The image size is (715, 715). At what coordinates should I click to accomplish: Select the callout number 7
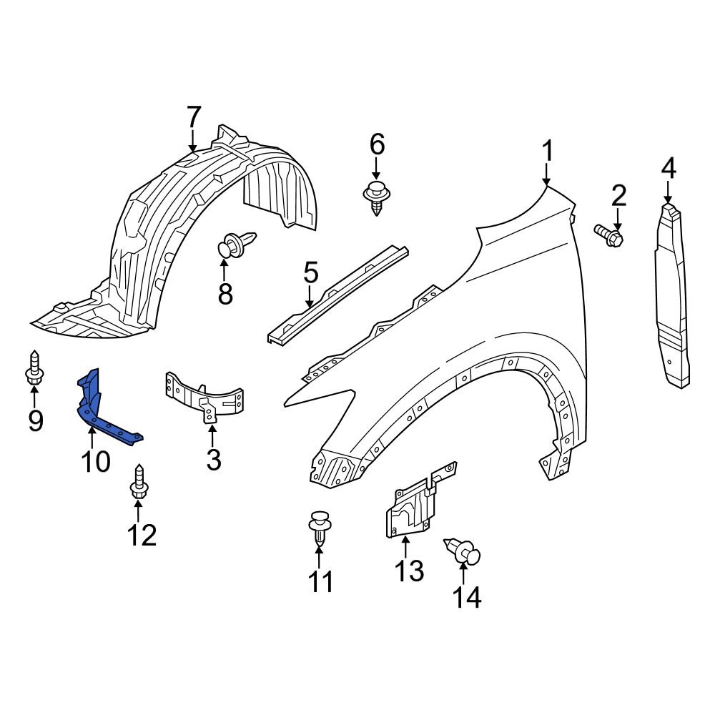193,117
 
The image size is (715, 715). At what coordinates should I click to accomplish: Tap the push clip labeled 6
377,198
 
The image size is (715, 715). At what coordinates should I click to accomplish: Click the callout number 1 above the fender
547,151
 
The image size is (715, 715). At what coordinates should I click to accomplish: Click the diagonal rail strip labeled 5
338,294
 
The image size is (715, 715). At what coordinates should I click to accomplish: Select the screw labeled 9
34,368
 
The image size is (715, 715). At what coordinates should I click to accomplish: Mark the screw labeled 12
138,483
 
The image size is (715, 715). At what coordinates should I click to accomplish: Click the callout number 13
409,571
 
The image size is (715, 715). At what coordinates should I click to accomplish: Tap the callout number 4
669,168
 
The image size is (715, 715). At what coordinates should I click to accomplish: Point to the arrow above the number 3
212,435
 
